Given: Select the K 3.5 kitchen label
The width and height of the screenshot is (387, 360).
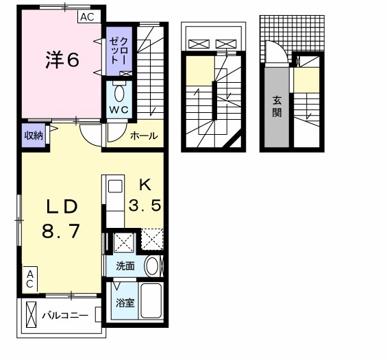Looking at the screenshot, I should click(x=145, y=195).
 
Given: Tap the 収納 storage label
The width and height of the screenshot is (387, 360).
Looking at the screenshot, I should click(x=34, y=135).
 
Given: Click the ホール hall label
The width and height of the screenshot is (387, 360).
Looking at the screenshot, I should click(x=145, y=136).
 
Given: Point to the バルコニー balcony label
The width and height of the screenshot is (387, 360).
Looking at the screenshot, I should click(x=65, y=316).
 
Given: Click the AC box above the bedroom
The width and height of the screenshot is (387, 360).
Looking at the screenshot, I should click(x=88, y=17).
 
